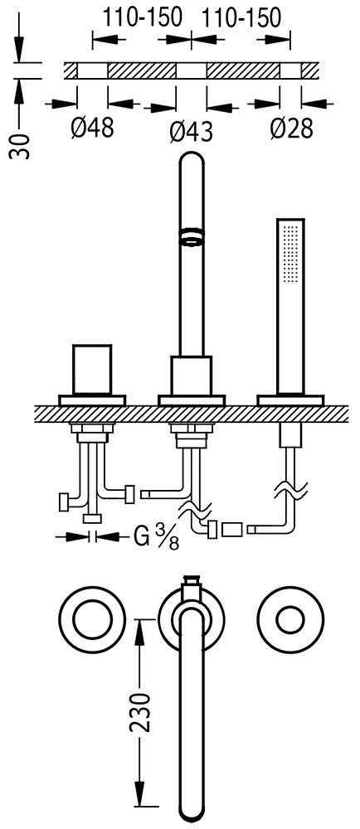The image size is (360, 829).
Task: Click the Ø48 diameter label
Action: coord(93,127)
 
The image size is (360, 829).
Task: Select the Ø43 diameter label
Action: coord(192,131)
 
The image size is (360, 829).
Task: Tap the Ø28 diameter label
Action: coord(291,128)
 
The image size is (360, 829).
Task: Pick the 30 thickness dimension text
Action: coord(20,145)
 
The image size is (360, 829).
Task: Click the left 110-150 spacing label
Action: coord(142,18)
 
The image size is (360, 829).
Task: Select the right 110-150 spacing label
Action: coord(241,18)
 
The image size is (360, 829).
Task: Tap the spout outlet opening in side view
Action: coord(192,235)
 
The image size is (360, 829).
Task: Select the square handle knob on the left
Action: coord(93,370)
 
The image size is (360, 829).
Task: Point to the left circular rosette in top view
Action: coord(92,618)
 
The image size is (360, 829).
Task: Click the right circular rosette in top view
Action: coord(290,619)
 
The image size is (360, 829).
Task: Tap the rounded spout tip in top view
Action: coord(191,813)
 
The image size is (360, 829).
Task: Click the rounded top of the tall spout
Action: coord(192,161)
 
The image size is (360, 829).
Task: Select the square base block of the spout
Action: coord(192,376)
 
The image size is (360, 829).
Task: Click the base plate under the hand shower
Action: coord(290,400)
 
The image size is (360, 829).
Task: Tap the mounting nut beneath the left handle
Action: coord(93,433)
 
